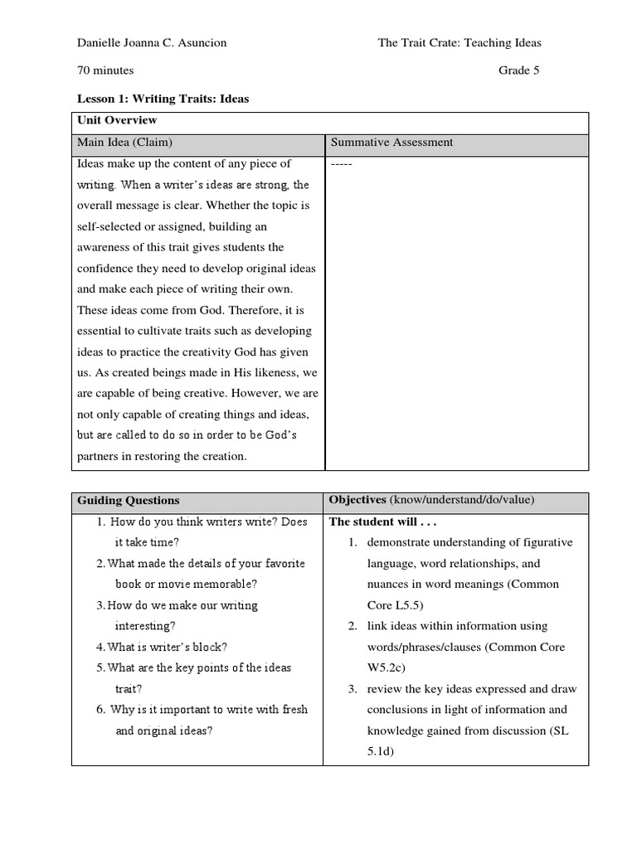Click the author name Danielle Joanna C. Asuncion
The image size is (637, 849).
coord(151,43)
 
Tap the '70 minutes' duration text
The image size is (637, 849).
coord(105,70)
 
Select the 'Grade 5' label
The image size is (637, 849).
coord(518,70)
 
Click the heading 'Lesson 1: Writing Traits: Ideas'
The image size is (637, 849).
coord(163,99)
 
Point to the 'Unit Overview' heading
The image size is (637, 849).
coord(111,121)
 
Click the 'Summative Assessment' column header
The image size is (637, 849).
coord(391,143)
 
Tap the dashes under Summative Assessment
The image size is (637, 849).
coord(342,164)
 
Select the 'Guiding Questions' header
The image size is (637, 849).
coord(128,501)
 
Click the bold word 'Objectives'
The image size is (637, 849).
coord(357,500)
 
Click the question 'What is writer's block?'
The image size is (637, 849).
coord(168,647)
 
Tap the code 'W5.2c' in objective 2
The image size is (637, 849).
coord(387,667)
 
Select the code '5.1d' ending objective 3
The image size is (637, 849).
coord(381,751)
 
